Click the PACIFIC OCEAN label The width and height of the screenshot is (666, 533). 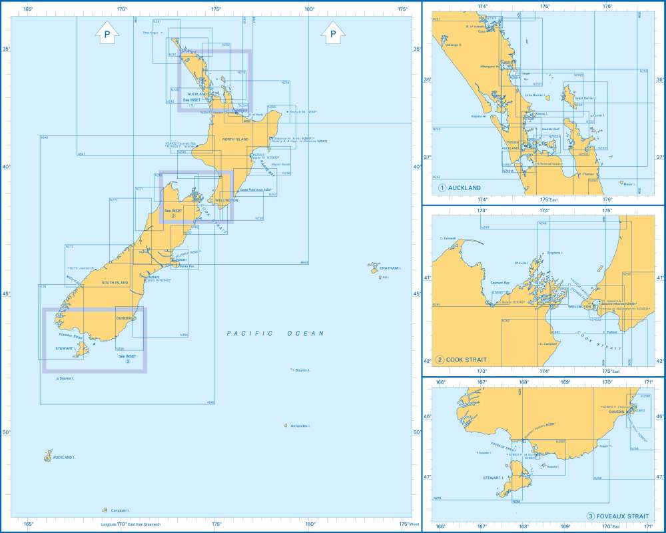click(x=274, y=333)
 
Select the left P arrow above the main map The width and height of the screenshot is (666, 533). click(x=107, y=32)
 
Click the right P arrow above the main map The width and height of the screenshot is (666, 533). click(x=333, y=32)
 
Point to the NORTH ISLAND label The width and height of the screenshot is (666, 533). click(x=235, y=139)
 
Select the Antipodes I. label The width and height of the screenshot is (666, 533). click(x=300, y=426)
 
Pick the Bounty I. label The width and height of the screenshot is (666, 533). click(x=303, y=370)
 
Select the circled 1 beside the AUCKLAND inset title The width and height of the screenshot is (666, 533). click(x=442, y=188)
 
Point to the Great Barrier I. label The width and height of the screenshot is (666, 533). click(x=585, y=98)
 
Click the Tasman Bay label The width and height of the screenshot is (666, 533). click(x=499, y=283)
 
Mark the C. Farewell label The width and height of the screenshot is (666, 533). click(x=447, y=238)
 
